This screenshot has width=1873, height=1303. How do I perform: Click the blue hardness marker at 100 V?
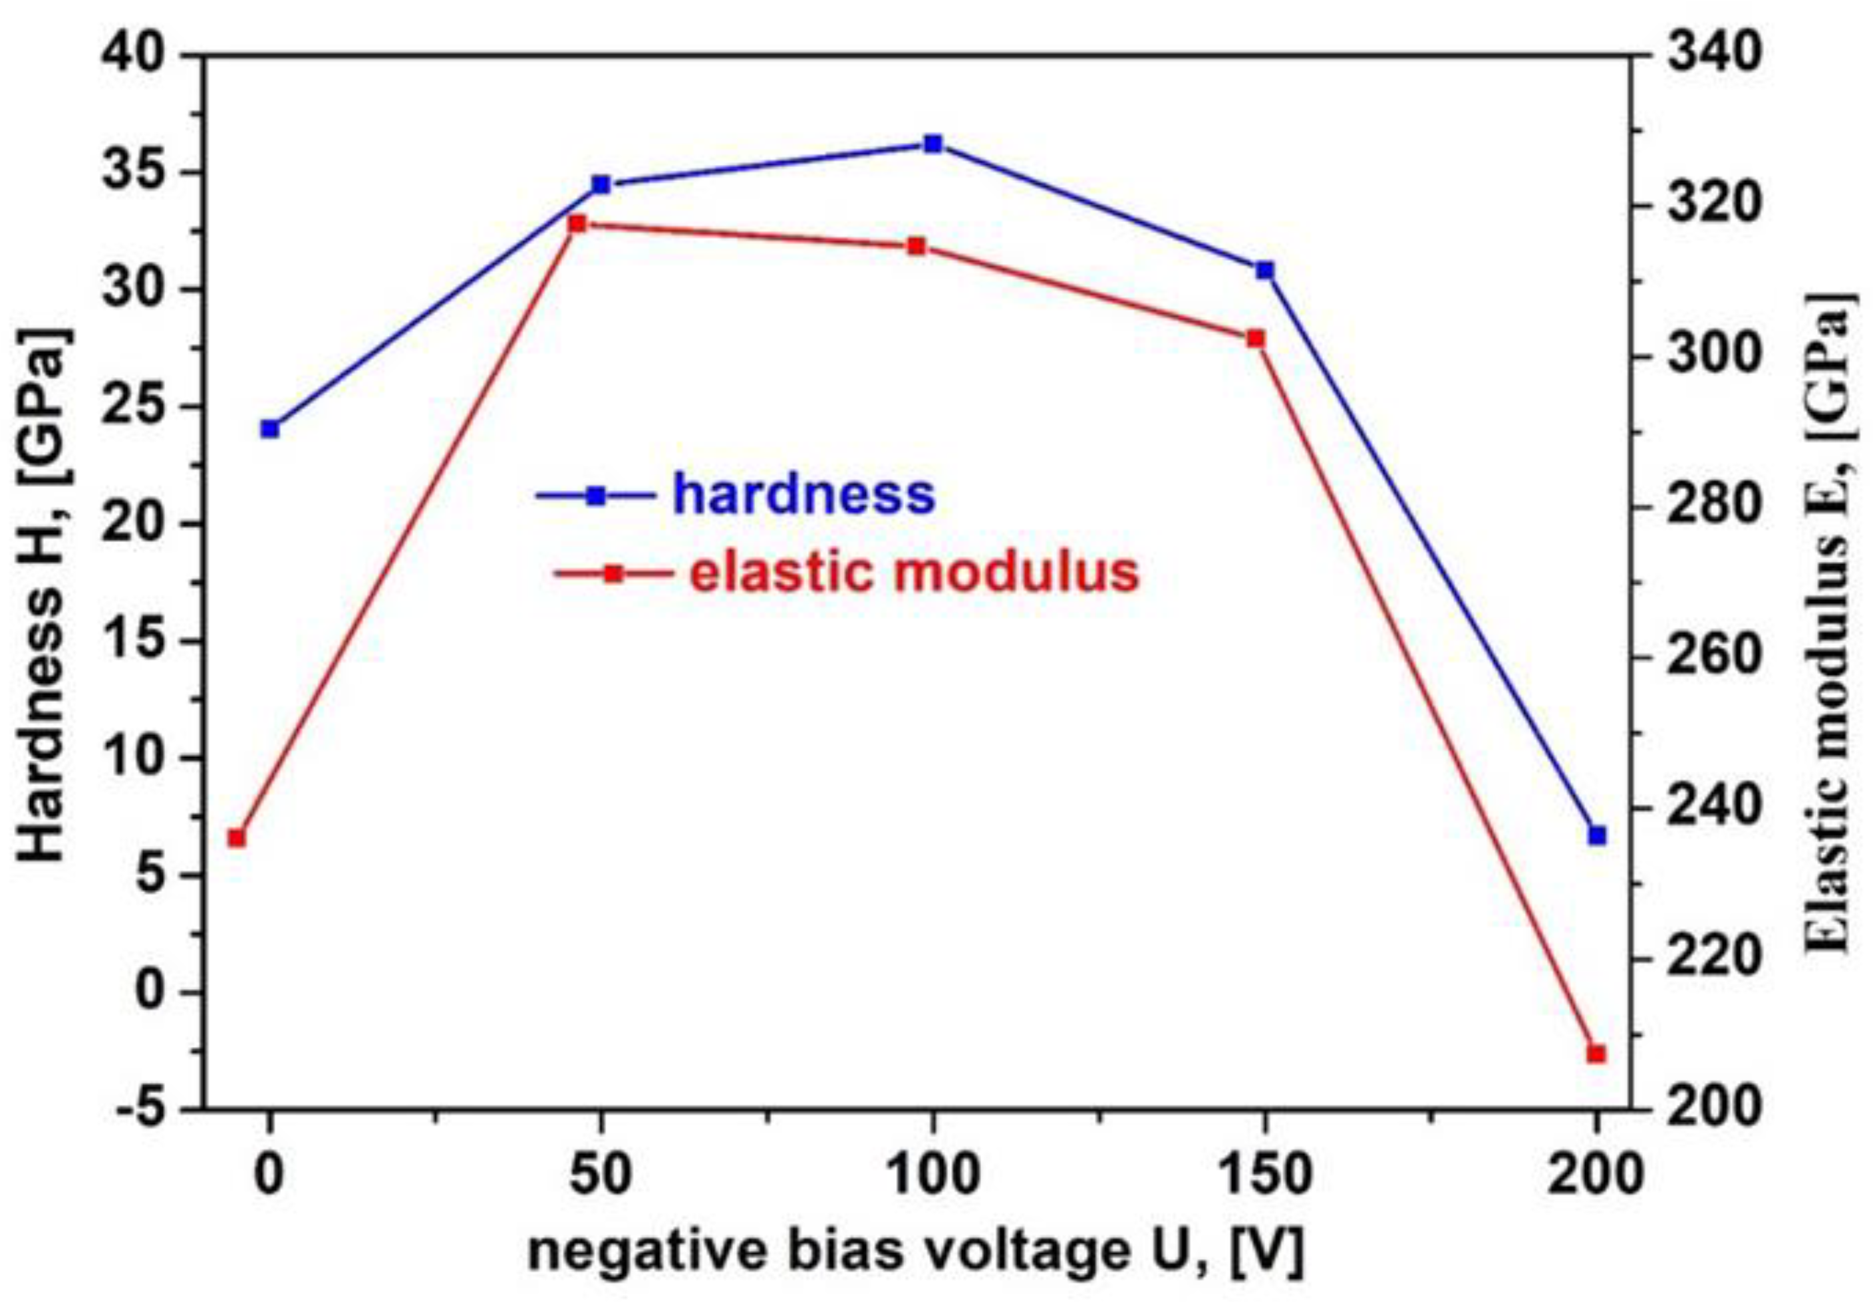pyautogui.click(x=933, y=144)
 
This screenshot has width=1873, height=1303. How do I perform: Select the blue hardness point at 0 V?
pyautogui.click(x=270, y=429)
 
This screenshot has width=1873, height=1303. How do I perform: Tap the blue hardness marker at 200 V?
pyautogui.click(x=1597, y=835)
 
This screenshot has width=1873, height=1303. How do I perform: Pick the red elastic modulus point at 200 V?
pyautogui.click(x=1596, y=1054)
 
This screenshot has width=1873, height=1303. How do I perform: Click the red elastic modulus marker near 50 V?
pyautogui.click(x=577, y=223)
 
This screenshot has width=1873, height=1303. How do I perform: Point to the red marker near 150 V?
pyautogui.click(x=1256, y=338)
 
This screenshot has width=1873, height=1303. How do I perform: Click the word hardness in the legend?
pyautogui.click(x=803, y=494)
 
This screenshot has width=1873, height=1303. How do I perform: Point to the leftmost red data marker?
pyautogui.click(x=237, y=838)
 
